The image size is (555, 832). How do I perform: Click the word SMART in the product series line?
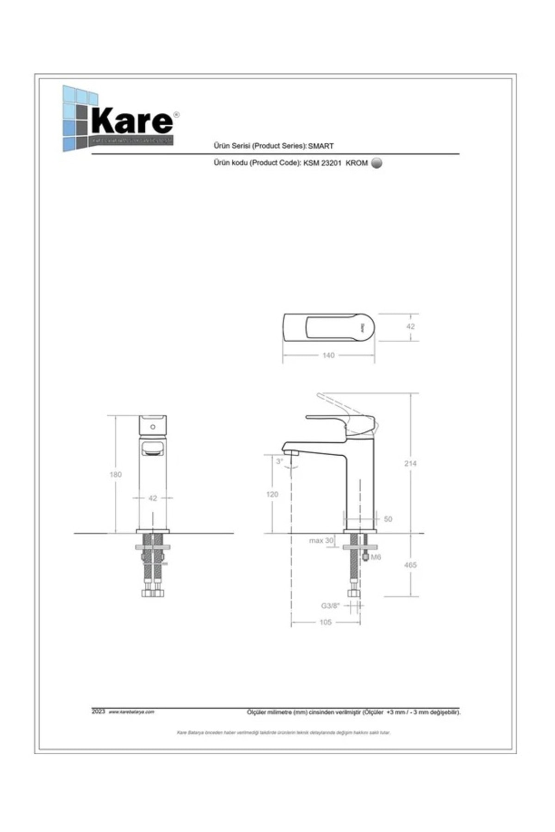click(321, 146)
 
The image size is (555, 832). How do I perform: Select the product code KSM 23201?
click(323, 163)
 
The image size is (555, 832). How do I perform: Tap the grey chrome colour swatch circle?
click(377, 163)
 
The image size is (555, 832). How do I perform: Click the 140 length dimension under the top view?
click(328, 355)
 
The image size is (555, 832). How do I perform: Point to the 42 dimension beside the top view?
click(410, 326)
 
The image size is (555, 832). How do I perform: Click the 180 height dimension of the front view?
click(116, 474)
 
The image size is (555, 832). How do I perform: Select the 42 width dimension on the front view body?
click(153, 498)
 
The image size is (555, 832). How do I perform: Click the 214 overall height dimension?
click(410, 464)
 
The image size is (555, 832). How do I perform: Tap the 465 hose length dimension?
click(410, 565)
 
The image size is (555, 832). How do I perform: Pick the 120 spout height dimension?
click(272, 495)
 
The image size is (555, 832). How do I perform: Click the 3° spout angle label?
click(279, 461)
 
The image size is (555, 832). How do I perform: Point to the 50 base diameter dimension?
click(388, 519)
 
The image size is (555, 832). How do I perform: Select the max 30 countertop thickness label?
click(321, 540)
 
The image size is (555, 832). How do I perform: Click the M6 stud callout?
click(376, 557)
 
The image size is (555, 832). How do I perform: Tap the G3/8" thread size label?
click(331, 606)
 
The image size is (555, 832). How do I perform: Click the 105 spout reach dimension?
click(326, 622)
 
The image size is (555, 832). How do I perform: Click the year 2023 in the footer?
click(99, 712)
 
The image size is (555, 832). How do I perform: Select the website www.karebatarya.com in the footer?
click(131, 712)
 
